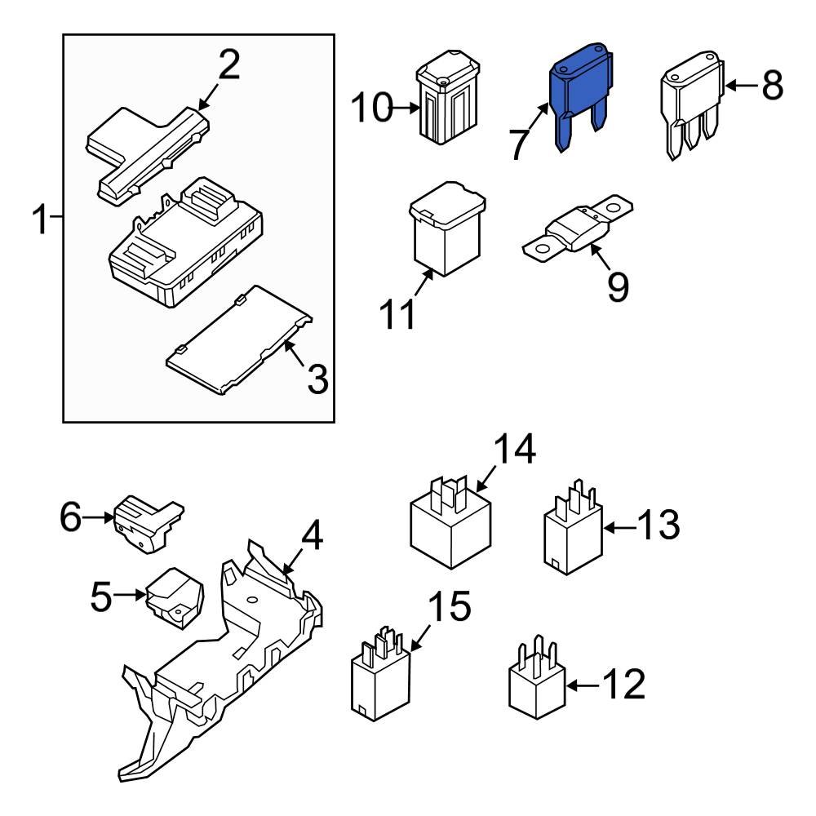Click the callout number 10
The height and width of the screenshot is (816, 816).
[372, 108]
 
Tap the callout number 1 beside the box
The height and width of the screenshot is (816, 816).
[40, 220]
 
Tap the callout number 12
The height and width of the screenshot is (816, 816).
[624, 685]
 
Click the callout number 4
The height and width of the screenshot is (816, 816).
[312, 536]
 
